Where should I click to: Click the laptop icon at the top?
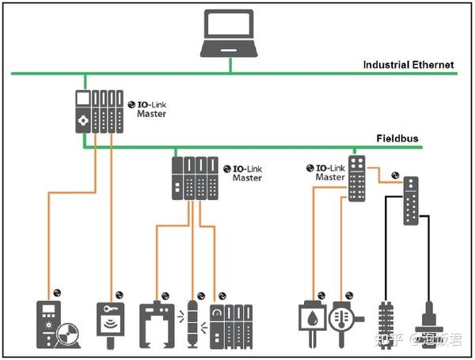pyautogui.click(x=229, y=33)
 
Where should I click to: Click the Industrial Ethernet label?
pyautogui.click(x=408, y=65)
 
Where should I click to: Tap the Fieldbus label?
pyautogui.click(x=397, y=138)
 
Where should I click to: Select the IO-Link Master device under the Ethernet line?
pyautogui.click(x=99, y=112)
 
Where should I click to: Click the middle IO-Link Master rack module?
pyautogui.click(x=195, y=178)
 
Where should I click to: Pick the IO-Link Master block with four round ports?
pyautogui.click(x=356, y=178)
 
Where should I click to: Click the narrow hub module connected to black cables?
pyautogui.click(x=411, y=201)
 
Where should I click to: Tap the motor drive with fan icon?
pyautogui.click(x=58, y=324)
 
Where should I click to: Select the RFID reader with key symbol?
pyautogui.click(x=110, y=325)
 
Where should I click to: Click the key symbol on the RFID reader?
pyautogui.click(x=110, y=309)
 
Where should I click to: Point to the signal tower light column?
pyautogui.click(x=192, y=324)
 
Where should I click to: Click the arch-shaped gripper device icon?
pyautogui.click(x=157, y=324)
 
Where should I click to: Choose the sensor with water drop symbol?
pyautogui.click(x=313, y=324)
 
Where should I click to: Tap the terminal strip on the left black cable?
pyautogui.click(x=386, y=325)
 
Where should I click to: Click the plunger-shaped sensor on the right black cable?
pyautogui.click(x=429, y=324)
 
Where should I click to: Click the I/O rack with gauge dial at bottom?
pyautogui.click(x=231, y=327)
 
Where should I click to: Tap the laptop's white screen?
pyautogui.click(x=229, y=25)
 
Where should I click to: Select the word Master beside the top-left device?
pyautogui.click(x=151, y=114)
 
